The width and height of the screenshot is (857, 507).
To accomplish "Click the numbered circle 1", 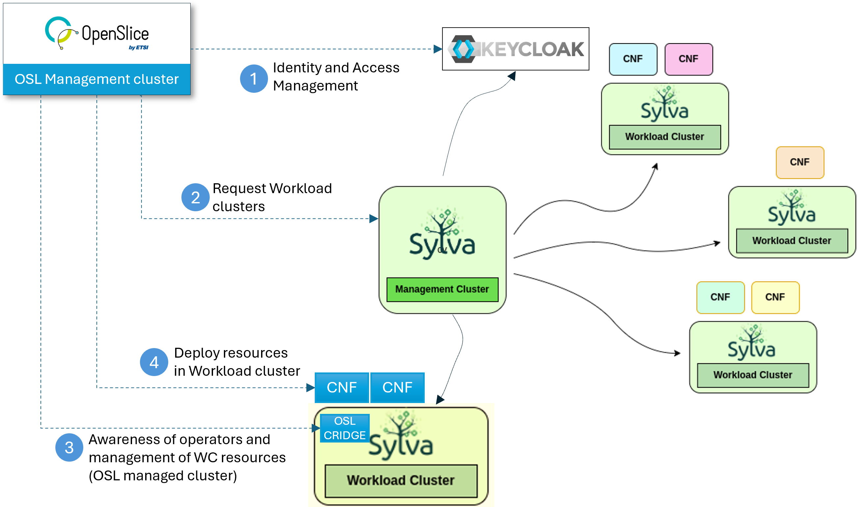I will (x=254, y=79).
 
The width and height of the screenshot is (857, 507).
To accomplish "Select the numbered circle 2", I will (x=195, y=197).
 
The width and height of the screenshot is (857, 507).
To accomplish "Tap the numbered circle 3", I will (x=69, y=447).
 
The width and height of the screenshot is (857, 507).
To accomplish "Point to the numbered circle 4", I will (x=154, y=362).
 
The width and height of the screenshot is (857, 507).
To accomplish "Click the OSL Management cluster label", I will (x=96, y=79).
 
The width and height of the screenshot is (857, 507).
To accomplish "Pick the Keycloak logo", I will (x=515, y=49).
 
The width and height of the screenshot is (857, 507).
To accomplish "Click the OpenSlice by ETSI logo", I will (x=97, y=34).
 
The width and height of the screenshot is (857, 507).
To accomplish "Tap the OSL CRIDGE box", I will (x=345, y=428).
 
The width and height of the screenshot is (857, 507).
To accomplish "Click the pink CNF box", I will (x=688, y=59).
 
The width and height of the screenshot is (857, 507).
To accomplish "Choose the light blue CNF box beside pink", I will (x=633, y=59).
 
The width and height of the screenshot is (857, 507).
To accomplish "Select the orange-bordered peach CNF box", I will (x=800, y=162).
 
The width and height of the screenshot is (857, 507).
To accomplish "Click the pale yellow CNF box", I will (x=775, y=297).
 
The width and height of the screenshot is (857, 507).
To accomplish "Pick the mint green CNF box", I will (x=720, y=297).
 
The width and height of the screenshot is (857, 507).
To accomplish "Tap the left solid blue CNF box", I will (x=341, y=388).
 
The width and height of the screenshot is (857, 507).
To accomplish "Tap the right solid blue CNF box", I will (x=397, y=388).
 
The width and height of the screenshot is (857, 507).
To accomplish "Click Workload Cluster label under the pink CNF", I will (x=664, y=137).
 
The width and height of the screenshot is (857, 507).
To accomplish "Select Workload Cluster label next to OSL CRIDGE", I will (x=401, y=480).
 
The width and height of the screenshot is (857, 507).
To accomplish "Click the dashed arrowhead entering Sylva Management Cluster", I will (x=374, y=219).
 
